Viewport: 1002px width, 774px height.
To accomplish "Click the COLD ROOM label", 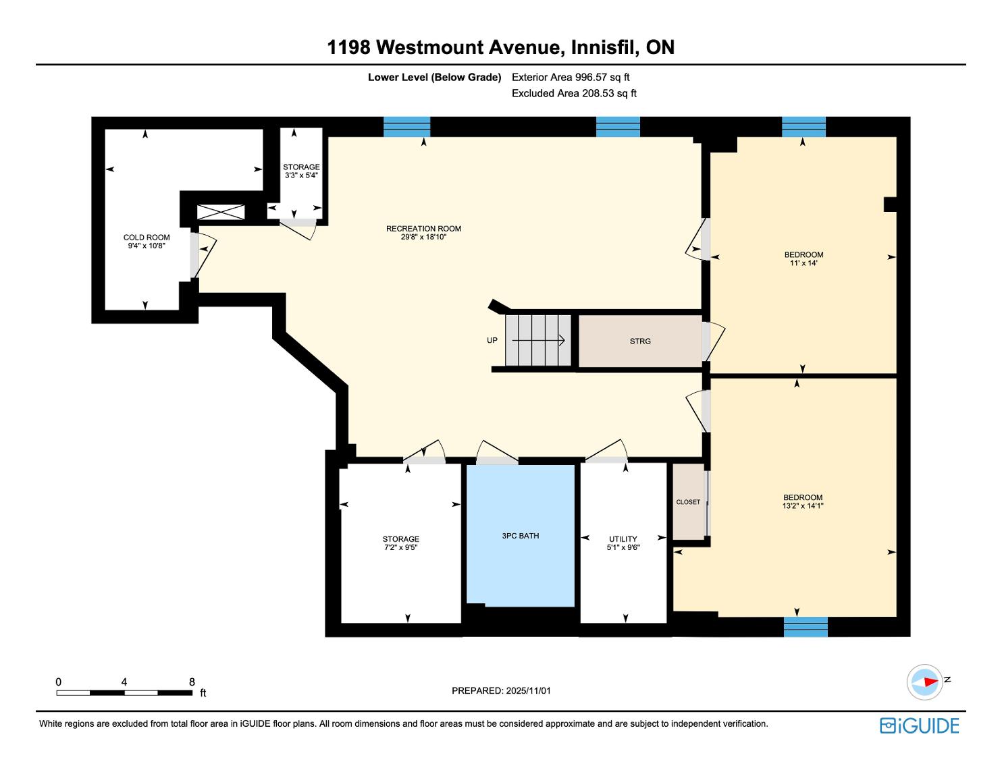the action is [x=147, y=238].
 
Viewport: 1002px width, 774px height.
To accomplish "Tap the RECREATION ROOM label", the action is [x=423, y=229].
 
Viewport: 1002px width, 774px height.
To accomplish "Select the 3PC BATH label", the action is [x=520, y=536].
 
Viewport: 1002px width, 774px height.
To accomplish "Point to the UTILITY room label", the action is [x=623, y=539].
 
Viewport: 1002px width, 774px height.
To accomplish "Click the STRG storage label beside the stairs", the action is [x=640, y=341].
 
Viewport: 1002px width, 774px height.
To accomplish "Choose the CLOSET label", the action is [x=688, y=502].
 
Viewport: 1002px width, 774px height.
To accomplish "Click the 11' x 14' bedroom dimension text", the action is [x=803, y=263].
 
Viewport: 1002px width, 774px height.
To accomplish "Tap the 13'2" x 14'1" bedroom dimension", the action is [x=803, y=506].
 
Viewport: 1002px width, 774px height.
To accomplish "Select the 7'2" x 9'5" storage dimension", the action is [x=400, y=547].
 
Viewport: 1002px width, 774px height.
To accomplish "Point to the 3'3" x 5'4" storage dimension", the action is [x=301, y=175].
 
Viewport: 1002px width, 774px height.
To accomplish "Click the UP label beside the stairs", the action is [x=492, y=340].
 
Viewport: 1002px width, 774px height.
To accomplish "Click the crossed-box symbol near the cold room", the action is [x=221, y=212].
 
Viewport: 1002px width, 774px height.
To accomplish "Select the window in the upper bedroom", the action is [x=803, y=127].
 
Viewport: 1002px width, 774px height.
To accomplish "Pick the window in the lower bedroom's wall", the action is [x=806, y=626].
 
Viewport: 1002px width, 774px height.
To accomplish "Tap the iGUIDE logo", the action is [x=919, y=725].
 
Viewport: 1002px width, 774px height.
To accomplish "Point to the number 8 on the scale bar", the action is [x=192, y=682].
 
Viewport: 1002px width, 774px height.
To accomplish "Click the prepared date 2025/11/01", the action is [x=528, y=690].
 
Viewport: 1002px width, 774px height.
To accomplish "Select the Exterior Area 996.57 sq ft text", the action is [x=571, y=78].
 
